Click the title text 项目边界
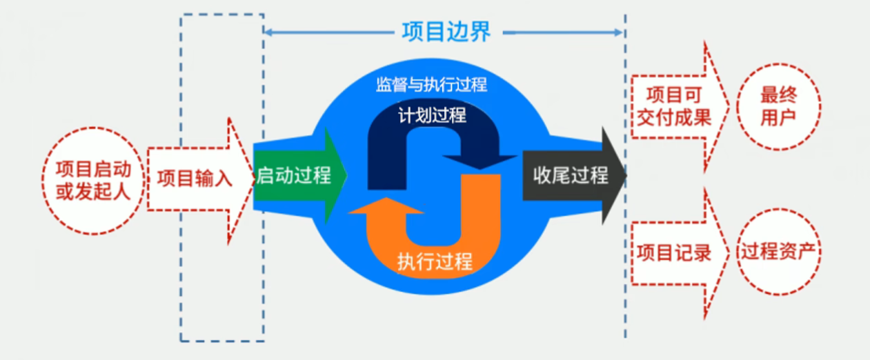(x=445, y=31)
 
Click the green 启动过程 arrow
(x=294, y=176)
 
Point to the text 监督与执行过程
(x=431, y=85)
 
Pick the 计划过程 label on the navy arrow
(x=432, y=114)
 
